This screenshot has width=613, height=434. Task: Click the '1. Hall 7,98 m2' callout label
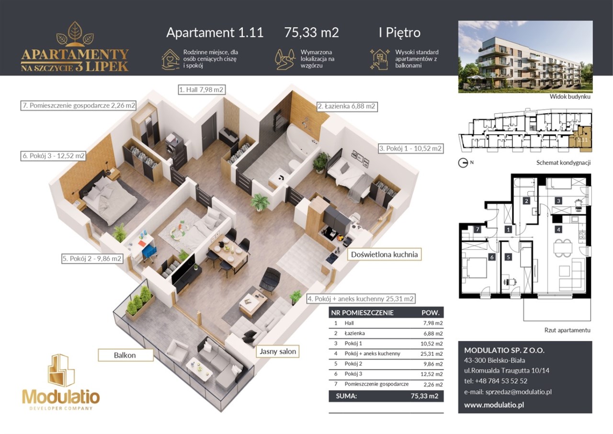pyautogui.click(x=202, y=90)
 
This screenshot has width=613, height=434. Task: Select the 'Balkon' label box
pyautogui.click(x=125, y=355)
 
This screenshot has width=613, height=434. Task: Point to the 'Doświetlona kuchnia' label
pyautogui.click(x=384, y=255)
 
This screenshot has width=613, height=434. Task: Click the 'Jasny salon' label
pyautogui.click(x=277, y=351)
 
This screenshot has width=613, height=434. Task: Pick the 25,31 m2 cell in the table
pyautogui.click(x=431, y=354)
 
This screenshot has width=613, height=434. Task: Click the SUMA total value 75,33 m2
pyautogui.click(x=424, y=396)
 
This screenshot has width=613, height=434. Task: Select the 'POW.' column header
pyautogui.click(x=431, y=313)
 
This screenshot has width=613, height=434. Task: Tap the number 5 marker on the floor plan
pyautogui.click(x=509, y=257)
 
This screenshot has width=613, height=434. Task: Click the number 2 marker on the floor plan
pyautogui.click(x=526, y=201)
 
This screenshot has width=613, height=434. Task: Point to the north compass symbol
pyautogui.click(x=463, y=164)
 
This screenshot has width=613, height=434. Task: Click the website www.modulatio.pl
pyautogui.click(x=494, y=405)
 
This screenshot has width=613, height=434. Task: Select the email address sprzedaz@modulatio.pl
pyautogui.click(x=508, y=392)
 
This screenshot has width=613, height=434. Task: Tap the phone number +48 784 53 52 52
pyautogui.click(x=496, y=381)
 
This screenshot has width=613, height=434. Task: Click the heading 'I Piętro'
pyautogui.click(x=399, y=33)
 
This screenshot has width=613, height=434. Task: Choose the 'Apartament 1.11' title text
pyautogui.click(x=215, y=32)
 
